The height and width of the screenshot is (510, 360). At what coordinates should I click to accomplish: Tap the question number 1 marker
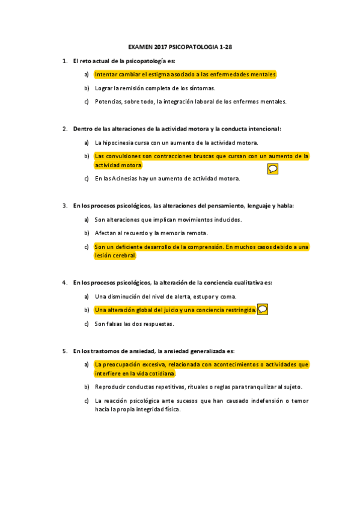64,61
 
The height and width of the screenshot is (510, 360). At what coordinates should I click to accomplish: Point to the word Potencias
108,102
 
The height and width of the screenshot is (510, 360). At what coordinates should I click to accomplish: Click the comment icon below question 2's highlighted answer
272,169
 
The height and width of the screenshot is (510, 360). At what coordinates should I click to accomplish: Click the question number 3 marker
64,206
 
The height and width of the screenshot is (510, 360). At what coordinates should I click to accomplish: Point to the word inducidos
226,220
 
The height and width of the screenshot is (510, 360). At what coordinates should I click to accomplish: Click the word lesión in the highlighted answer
103,256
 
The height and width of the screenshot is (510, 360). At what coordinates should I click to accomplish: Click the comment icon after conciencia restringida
263,309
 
